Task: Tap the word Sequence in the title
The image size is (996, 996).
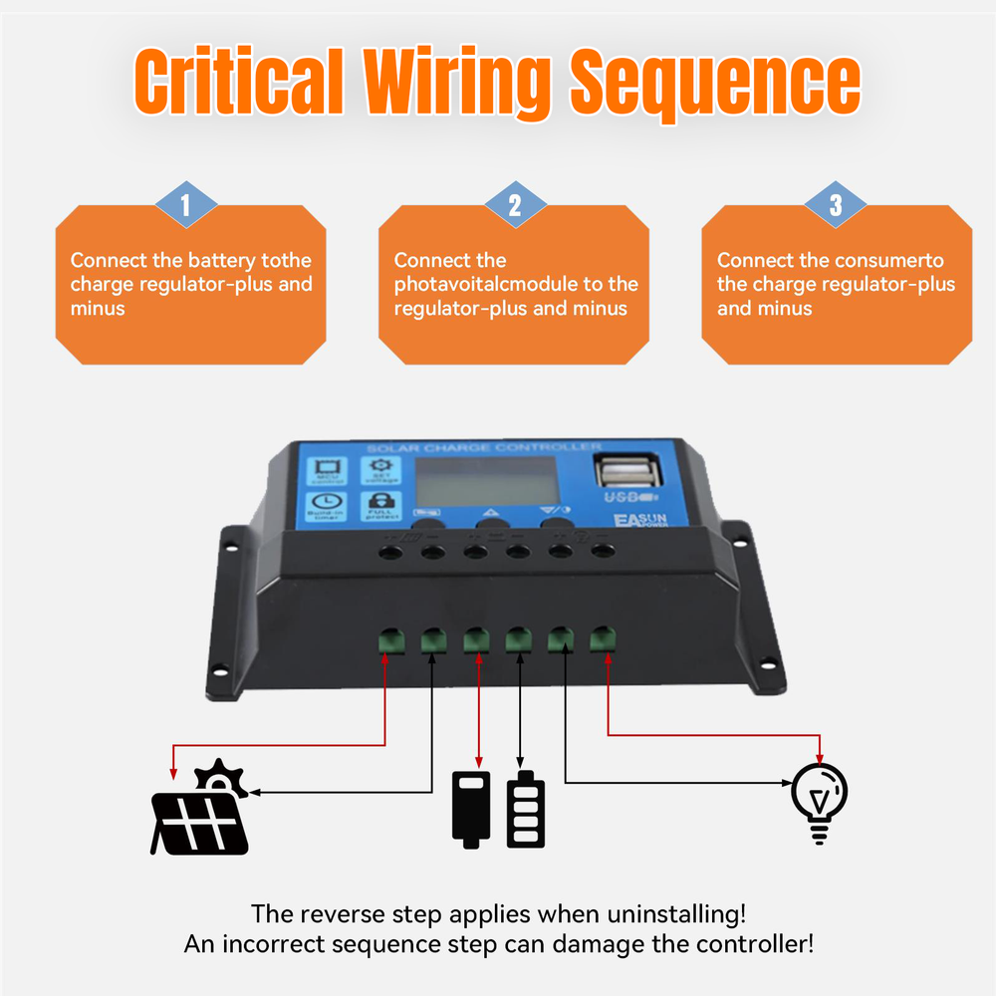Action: tap(714, 82)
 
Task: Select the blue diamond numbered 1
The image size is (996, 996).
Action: tap(185, 205)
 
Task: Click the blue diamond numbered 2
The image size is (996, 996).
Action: tap(515, 205)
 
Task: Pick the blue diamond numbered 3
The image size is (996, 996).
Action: tap(836, 205)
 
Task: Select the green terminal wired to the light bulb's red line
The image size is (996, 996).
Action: tap(602, 637)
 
